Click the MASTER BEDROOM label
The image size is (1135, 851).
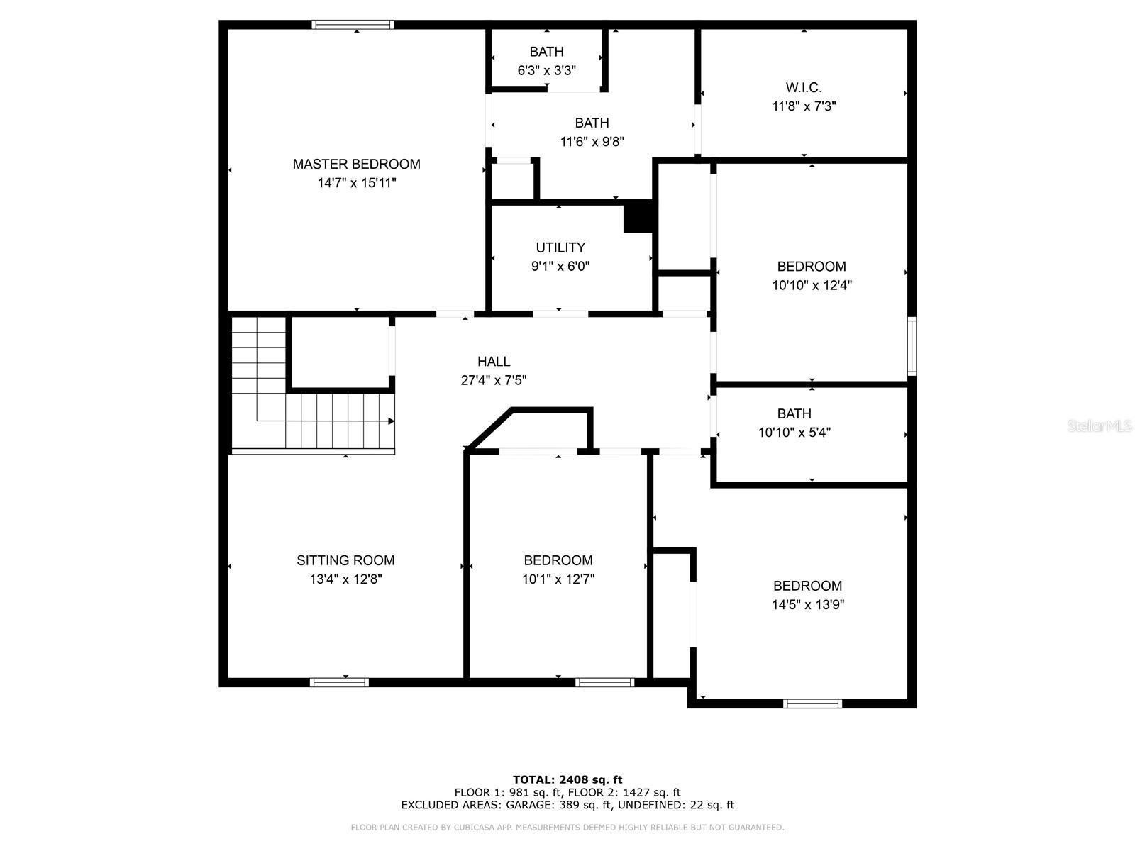pyautogui.click(x=356, y=165)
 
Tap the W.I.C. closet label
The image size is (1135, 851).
pyautogui.click(x=804, y=87)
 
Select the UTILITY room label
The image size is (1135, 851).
pyautogui.click(x=560, y=247)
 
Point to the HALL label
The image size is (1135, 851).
pyautogui.click(x=493, y=361)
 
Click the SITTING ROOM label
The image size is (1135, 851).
pyautogui.click(x=345, y=560)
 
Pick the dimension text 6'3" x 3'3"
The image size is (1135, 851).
pyautogui.click(x=546, y=70)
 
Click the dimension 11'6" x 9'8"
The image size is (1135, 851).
pyautogui.click(x=592, y=142)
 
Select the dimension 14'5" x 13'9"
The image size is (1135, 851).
pyautogui.click(x=808, y=604)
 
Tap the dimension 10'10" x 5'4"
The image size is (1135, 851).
pyautogui.click(x=794, y=433)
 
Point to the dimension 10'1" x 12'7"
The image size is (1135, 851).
pyautogui.click(x=558, y=579)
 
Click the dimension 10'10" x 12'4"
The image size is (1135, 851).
pyautogui.click(x=812, y=285)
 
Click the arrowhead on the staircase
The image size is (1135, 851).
pyautogui.click(x=392, y=421)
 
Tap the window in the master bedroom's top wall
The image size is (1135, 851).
pyautogui.click(x=353, y=25)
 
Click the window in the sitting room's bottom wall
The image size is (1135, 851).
pyautogui.click(x=339, y=682)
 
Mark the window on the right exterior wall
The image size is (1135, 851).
pyautogui.click(x=912, y=345)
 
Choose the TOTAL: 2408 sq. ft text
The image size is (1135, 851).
pyautogui.click(x=567, y=779)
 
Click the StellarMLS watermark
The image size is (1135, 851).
pyautogui.click(x=1100, y=425)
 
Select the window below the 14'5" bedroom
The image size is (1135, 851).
pyautogui.click(x=812, y=703)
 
